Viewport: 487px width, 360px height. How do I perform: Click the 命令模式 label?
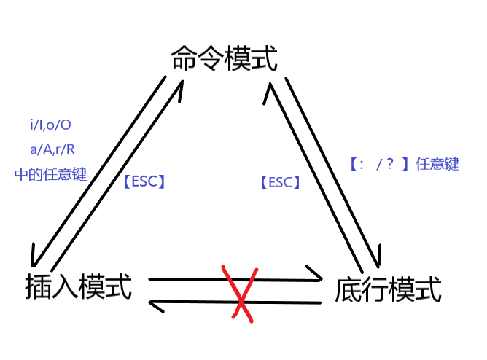[x=224, y=59]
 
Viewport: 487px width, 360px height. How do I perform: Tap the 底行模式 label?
[x=388, y=291]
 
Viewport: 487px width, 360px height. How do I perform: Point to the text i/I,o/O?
[x=51, y=125]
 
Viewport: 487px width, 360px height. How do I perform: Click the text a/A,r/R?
[x=51, y=150]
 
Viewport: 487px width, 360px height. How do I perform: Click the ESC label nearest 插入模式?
[x=144, y=182]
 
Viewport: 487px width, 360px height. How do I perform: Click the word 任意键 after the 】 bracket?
[x=437, y=165]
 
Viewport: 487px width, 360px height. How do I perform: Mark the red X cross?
[x=241, y=293]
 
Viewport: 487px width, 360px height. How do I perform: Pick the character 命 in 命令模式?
[x=184, y=59]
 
